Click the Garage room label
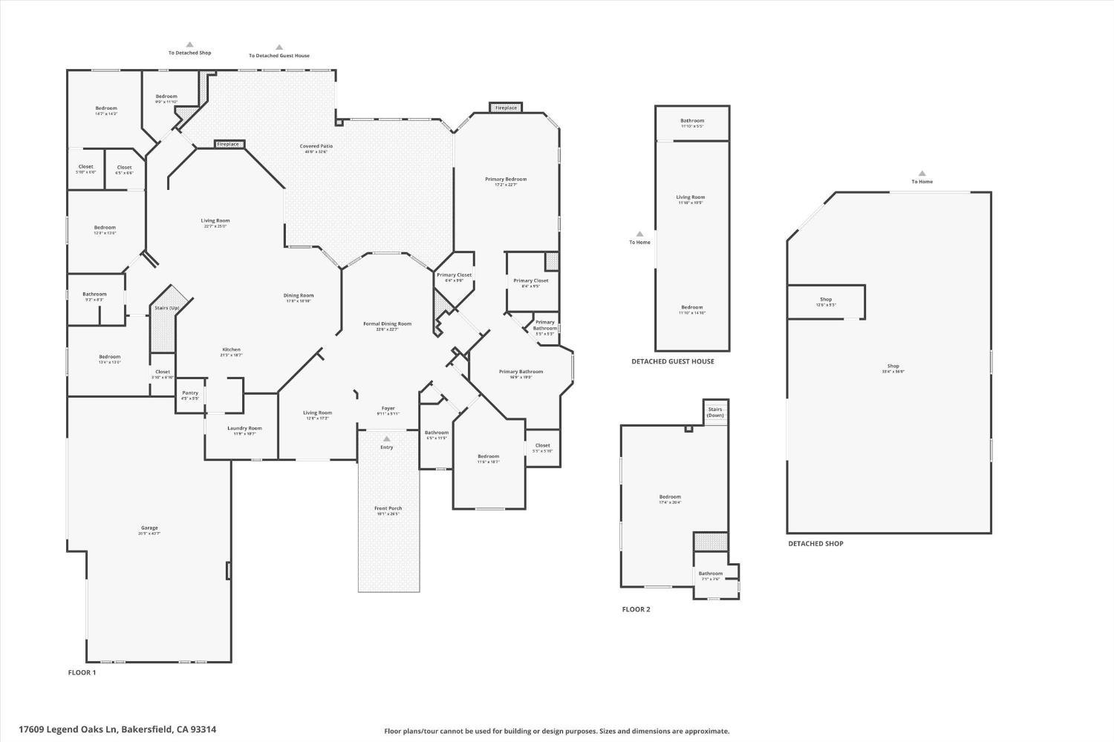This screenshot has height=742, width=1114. coord(149,528)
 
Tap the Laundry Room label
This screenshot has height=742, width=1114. coord(244,429)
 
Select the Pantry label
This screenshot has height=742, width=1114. coord(190,393)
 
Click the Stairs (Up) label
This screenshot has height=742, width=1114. coord(166,308)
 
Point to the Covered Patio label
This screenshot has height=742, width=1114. coord(316,146)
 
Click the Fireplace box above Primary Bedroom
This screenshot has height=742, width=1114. coord(506,108)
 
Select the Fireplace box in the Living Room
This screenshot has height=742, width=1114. coord(229,144)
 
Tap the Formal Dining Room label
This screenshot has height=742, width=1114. coord(387,324)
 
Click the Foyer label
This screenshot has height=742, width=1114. coord(388,408)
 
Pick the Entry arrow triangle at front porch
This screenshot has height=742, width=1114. coord(387,439)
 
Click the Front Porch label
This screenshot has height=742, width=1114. coord(388,509)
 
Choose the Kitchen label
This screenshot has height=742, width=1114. coord(231,350)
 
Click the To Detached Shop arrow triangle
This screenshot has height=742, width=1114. coord(189,45)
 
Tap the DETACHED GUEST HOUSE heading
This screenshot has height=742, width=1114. coord(672,361)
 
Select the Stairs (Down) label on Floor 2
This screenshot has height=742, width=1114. coord(715,412)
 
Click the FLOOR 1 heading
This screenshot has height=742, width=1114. coord(82,673)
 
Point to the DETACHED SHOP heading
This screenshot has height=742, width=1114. coord(815,544)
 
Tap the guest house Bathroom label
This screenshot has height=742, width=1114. coord(692,121)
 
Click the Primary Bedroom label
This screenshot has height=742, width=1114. coord(506,180)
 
